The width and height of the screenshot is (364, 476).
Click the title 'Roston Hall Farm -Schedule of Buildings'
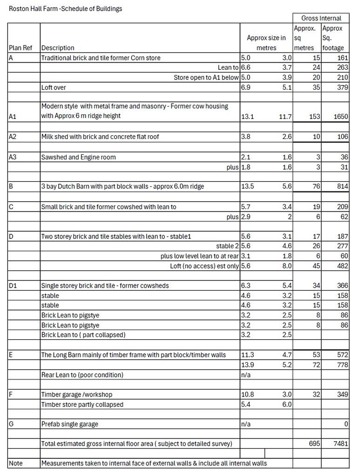coord(66,8)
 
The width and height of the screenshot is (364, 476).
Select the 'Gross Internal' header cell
coord(321,18)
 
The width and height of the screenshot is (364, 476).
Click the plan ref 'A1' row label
coord(13,116)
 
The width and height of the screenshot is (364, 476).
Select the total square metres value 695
coord(314,443)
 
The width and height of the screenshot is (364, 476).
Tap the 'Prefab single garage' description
coord(70,424)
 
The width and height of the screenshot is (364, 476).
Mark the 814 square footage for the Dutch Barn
coord(342,186)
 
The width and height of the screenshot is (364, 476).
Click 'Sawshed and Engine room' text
coord(79,157)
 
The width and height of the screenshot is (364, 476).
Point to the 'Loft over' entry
coord(54,87)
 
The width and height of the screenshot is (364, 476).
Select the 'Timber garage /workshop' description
coord(77,395)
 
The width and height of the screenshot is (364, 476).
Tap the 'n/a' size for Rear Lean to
coord(245,375)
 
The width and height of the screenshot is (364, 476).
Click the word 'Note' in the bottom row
coord(16,463)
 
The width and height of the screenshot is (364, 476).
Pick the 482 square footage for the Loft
coord(342,266)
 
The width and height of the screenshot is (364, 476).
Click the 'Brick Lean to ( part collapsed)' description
coord(83,335)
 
